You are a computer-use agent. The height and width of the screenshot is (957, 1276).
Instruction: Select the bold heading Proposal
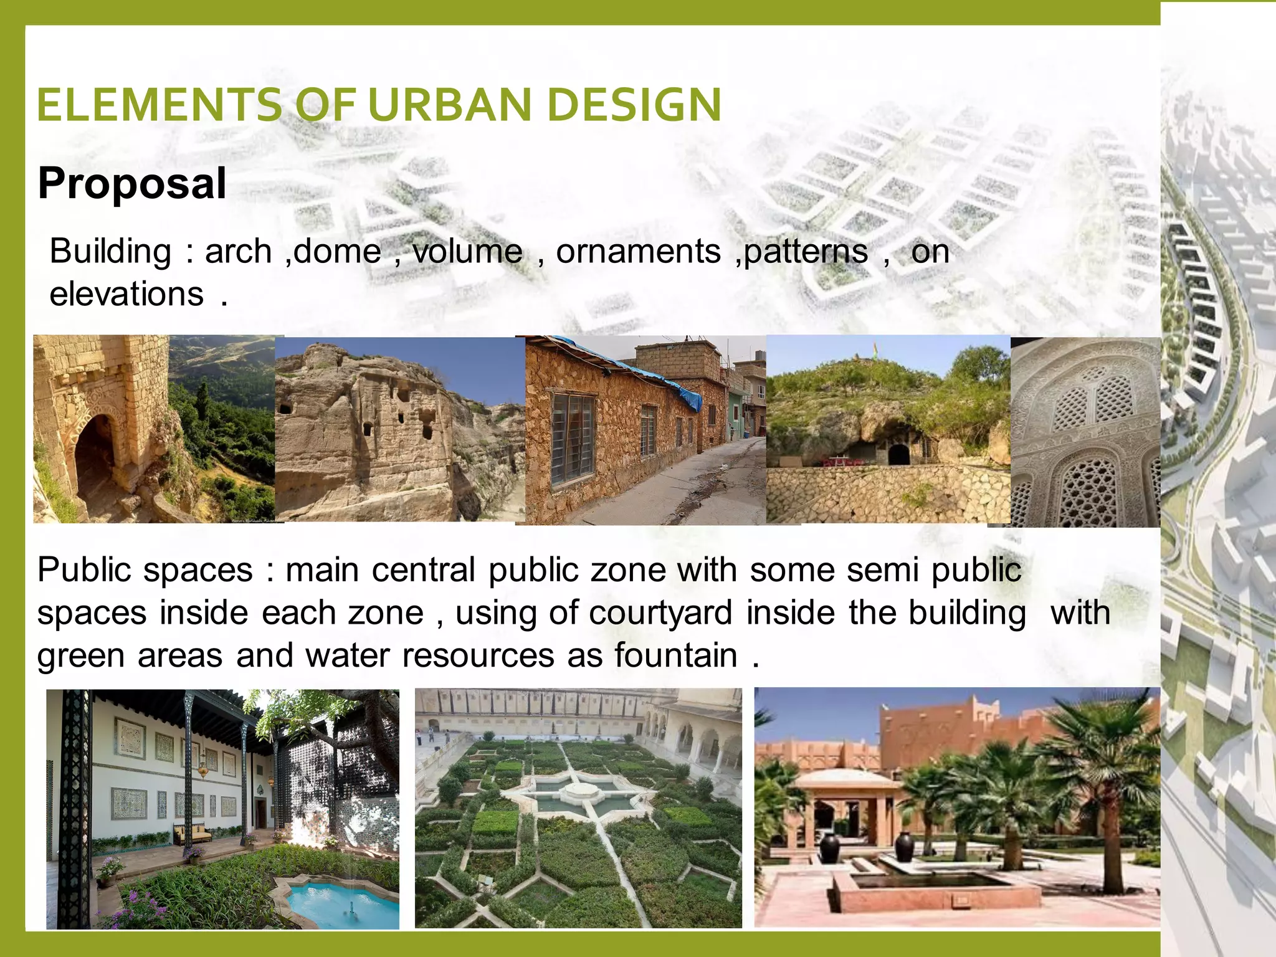click(132, 183)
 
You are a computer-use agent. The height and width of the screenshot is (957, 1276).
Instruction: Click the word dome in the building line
click(337, 252)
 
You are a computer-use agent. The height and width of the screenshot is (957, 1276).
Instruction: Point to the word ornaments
click(638, 252)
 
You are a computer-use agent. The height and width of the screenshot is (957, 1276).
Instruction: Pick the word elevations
click(126, 294)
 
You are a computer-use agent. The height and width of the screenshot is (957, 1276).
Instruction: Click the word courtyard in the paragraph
click(660, 613)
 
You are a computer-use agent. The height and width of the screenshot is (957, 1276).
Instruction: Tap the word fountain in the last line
click(675, 655)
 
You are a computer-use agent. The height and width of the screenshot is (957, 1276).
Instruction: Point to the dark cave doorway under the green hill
click(898, 454)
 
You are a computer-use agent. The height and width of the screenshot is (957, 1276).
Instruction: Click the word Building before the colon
click(110, 252)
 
